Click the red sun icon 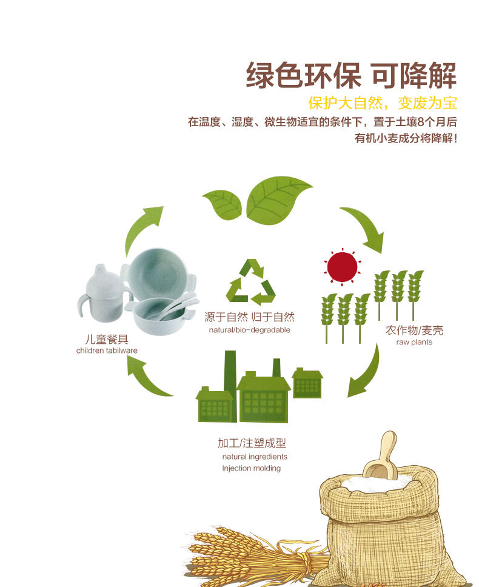tap(343, 266)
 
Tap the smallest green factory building tap(307, 383)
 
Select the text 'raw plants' tap(414, 343)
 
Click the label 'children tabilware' tap(107, 351)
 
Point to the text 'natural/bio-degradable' tap(249, 330)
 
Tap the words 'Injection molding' tap(251, 468)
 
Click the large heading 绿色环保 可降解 tap(351, 76)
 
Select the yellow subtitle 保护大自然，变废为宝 tap(382, 102)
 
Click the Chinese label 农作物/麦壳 tap(414, 330)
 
